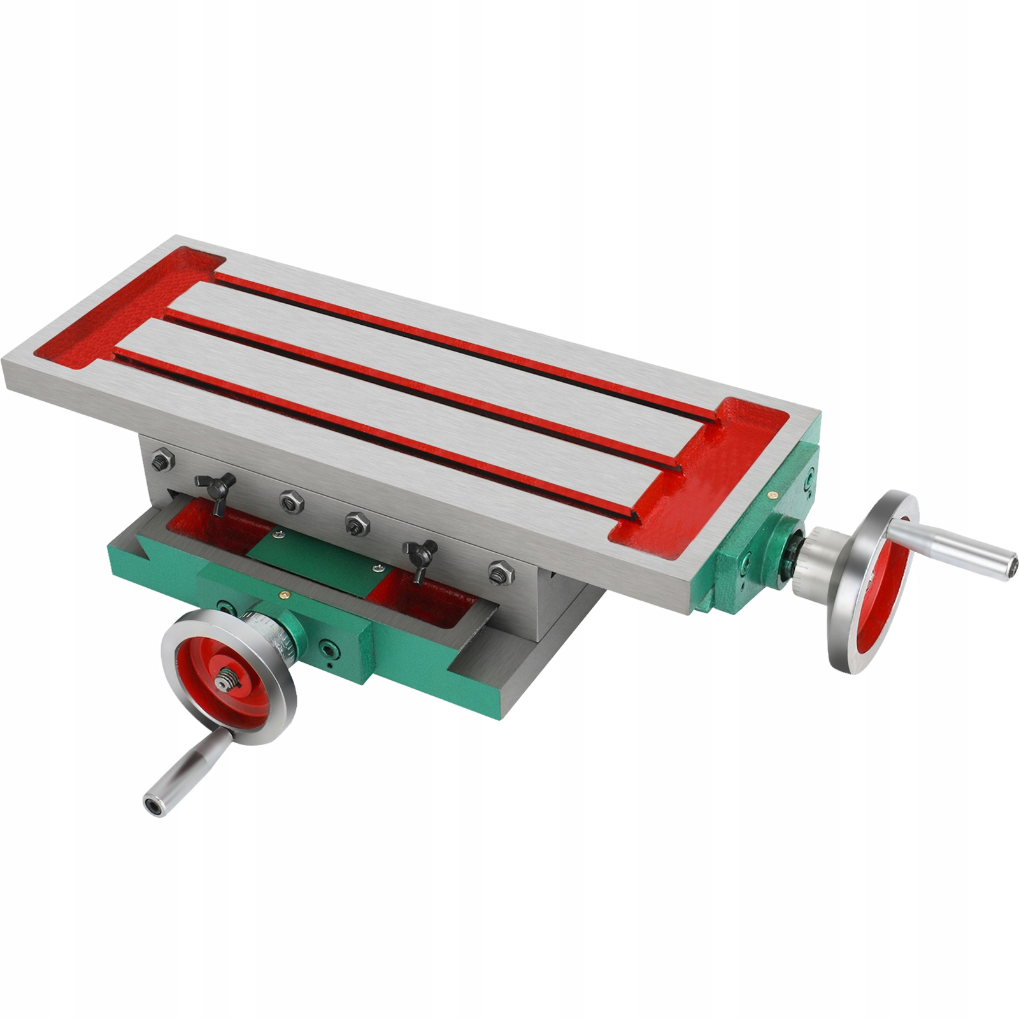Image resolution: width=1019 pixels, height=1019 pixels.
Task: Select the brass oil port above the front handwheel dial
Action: coord(281,592)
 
